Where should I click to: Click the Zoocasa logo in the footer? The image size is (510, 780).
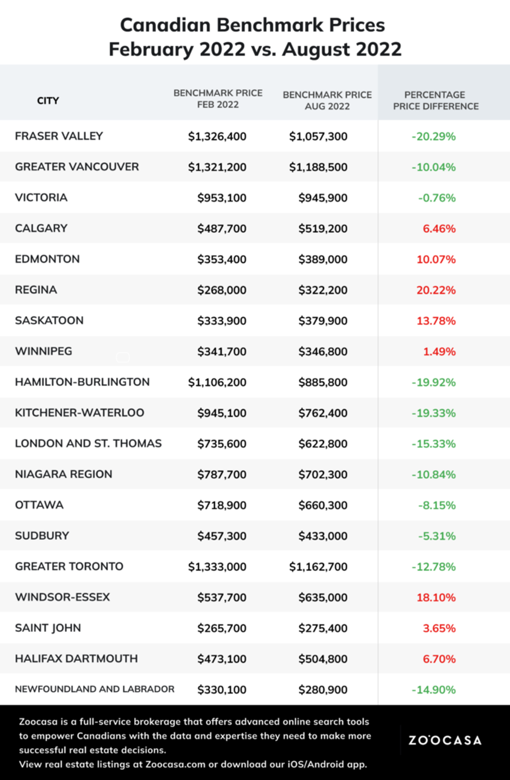coord(445,740)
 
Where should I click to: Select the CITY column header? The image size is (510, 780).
coord(48,100)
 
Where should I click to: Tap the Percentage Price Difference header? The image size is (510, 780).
coord(436,100)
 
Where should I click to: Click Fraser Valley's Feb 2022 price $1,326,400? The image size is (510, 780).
coord(217,136)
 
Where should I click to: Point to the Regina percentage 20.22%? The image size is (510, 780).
coord(436,290)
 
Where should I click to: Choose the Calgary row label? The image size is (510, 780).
coord(41,228)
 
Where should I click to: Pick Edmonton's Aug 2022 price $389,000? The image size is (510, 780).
coord(323,259)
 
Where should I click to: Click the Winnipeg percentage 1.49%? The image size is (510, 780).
coord(439,352)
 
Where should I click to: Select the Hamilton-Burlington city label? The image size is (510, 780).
coord(82,382)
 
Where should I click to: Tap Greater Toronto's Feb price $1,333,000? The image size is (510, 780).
coord(217,566)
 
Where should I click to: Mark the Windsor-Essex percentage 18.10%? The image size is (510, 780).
coord(436,597)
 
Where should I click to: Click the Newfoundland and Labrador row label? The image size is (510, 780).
coord(95,689)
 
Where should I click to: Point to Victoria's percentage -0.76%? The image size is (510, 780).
coord(437,198)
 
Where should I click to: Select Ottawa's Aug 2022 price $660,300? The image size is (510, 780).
coord(323,505)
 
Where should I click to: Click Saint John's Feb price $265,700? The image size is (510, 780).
coord(222,628)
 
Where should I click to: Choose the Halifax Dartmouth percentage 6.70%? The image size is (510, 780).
coord(439,659)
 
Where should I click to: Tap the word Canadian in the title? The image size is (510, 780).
coord(165,25)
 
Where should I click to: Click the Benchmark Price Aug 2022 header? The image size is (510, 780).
coord(327,100)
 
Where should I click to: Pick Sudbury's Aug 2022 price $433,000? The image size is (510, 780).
coord(323,536)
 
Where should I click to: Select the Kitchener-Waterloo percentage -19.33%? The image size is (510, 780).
coord(433,413)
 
